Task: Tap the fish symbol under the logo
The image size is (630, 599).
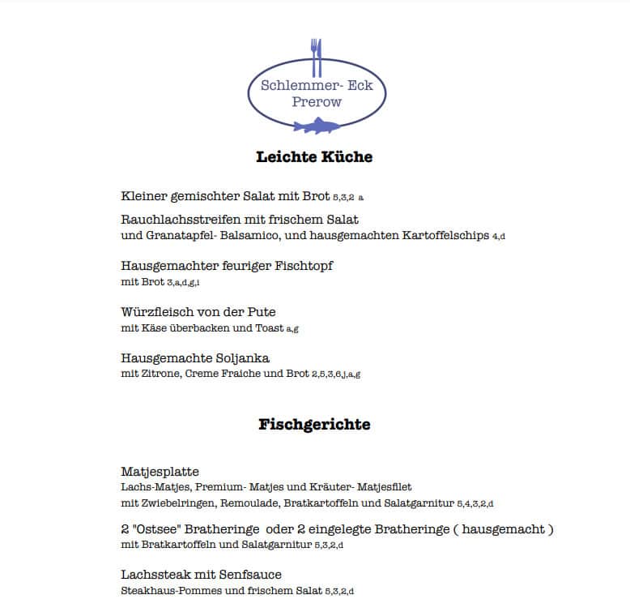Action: (317, 126)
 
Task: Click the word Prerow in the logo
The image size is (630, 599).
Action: (317, 102)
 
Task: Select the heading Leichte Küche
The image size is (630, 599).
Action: (314, 157)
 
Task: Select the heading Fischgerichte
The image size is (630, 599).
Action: (314, 424)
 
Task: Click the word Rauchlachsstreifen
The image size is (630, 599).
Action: (180, 220)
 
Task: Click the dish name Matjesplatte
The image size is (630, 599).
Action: (160, 472)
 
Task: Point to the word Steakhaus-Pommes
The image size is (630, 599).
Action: (163, 591)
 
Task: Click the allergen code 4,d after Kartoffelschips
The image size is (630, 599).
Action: (499, 237)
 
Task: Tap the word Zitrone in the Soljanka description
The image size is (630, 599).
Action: (158, 374)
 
